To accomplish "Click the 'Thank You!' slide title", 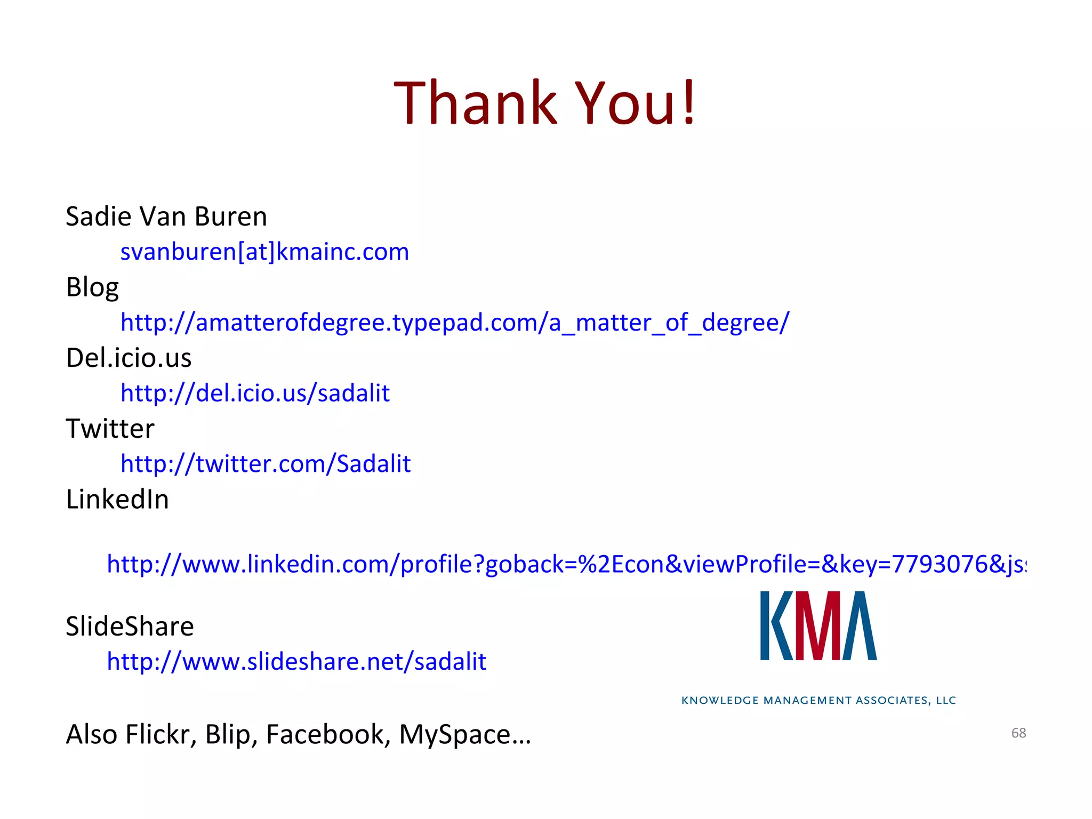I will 545,102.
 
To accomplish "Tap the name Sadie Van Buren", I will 166,216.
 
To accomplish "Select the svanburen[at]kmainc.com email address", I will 264,252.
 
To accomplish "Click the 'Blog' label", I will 92,287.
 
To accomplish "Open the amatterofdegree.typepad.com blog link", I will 454,323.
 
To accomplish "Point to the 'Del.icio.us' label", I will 129,358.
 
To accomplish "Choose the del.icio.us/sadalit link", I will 255,394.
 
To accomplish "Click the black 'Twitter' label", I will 110,429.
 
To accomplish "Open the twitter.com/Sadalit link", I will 266,464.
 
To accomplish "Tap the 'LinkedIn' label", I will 117,500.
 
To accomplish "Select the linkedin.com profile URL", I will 566,564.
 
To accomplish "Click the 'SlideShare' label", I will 130,626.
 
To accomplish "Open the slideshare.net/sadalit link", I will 296,662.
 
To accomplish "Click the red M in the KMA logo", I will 818,626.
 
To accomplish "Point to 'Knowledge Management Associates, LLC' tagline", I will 818,700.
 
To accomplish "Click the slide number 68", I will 1018,733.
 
